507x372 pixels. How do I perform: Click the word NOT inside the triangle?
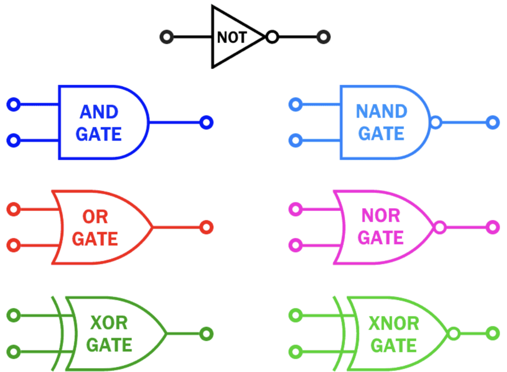pyautogui.click(x=232, y=38)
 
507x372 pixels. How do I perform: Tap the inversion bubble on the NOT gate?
pyautogui.click(x=272, y=37)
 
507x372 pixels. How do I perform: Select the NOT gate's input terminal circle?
pyautogui.click(x=167, y=37)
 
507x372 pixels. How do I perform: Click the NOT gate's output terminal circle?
pyautogui.click(x=323, y=37)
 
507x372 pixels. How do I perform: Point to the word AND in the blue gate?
pyautogui.click(x=99, y=112)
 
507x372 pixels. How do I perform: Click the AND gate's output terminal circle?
pyautogui.click(x=206, y=122)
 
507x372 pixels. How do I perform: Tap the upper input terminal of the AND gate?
pyautogui.click(x=14, y=105)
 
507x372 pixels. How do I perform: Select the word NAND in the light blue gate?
pyautogui.click(x=381, y=111)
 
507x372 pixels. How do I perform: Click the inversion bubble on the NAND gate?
pyautogui.click(x=436, y=122)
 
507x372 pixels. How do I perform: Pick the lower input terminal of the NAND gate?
pyautogui.click(x=296, y=140)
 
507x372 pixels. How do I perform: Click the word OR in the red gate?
pyautogui.click(x=95, y=217)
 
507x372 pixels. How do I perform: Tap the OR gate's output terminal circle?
pyautogui.click(x=206, y=227)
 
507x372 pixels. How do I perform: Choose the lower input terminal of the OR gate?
pyautogui.click(x=14, y=246)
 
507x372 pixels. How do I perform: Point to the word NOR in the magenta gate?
pyautogui.click(x=381, y=216)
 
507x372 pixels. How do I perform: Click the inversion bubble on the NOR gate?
pyautogui.click(x=440, y=227)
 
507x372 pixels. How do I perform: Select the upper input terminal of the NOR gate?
pyautogui.click(x=295, y=209)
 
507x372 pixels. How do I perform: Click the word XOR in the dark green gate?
pyautogui.click(x=108, y=323)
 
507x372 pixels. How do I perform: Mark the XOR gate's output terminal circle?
pyautogui.click(x=206, y=334)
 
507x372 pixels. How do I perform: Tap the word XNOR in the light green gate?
pyautogui.click(x=394, y=323)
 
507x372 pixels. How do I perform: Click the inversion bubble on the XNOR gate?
pyautogui.click(x=453, y=333)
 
